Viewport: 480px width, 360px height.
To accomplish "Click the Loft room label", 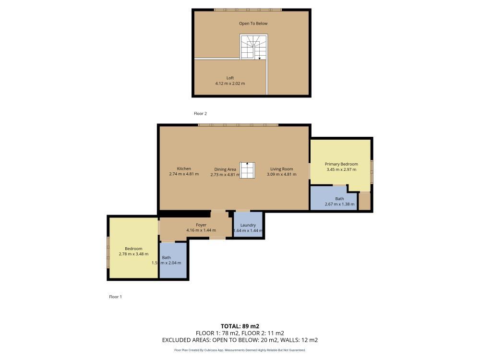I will [230, 78].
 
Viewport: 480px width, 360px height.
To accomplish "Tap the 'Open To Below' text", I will [253, 24].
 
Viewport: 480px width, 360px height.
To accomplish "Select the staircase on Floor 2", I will [253, 47].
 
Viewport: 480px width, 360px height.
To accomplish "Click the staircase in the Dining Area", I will [247, 170].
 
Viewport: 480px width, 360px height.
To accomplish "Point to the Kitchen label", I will [184, 168].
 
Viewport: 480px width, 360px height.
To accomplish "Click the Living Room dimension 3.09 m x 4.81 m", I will [282, 174].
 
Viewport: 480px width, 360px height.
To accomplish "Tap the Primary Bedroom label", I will [341, 164].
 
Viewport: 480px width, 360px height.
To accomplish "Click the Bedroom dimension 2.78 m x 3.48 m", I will [133, 254].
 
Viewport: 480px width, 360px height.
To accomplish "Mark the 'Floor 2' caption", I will [200, 114].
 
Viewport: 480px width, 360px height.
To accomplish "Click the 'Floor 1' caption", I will [115, 297].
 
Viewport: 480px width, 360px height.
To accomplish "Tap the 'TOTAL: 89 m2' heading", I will [240, 325].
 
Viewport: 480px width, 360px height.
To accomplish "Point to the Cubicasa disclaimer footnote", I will [240, 350].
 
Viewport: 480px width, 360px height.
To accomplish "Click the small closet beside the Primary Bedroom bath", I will [365, 201].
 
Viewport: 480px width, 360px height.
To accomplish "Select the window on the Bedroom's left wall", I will [108, 252].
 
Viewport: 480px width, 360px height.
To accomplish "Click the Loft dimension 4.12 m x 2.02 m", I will [230, 84].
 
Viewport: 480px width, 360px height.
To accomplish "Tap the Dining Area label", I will [225, 169].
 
